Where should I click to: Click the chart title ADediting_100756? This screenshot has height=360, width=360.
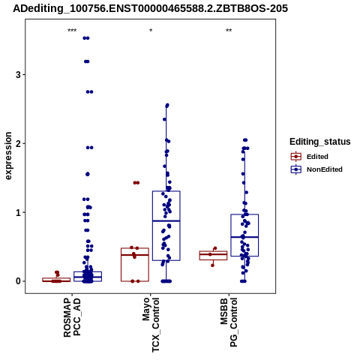pos(150,8)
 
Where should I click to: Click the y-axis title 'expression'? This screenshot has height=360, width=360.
pos(8,156)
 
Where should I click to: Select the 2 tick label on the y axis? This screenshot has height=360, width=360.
pos(18,143)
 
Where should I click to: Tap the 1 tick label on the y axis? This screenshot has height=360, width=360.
pos(18,212)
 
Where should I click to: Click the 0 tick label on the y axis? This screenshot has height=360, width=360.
pos(18,281)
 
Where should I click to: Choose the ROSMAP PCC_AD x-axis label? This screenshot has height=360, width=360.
pos(72,317)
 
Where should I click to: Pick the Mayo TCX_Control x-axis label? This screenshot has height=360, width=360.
pos(151,325)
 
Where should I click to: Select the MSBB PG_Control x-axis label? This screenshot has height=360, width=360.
pos(229,322)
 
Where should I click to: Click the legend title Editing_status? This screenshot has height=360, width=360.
pos(320,142)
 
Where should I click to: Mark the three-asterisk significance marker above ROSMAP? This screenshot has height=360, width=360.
pos(72,31)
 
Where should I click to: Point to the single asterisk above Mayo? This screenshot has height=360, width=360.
pos(151,31)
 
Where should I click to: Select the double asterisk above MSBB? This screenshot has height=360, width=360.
pos(229,31)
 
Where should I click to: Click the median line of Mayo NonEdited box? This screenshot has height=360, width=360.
pos(166,221)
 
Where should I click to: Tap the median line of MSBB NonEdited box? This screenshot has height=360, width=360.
pos(244,237)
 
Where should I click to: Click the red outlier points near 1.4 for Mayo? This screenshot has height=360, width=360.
pos(136,183)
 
